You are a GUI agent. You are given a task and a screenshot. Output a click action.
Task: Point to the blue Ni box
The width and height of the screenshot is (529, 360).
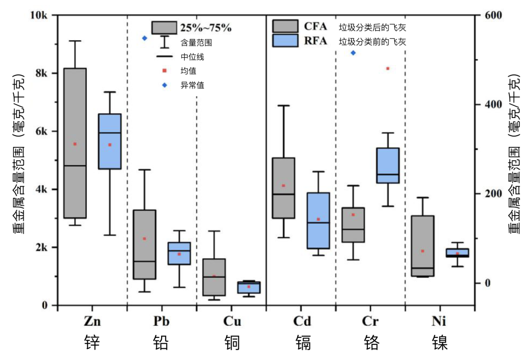point(457,253)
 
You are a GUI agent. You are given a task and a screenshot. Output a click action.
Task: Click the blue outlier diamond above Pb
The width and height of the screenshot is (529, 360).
point(144,38)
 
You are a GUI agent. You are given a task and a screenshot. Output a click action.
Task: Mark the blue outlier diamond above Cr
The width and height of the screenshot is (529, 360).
point(353,53)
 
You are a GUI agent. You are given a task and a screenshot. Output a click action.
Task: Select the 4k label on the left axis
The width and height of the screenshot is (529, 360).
point(43,190)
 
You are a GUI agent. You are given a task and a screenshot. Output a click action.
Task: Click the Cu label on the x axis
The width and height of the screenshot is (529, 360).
point(232,321)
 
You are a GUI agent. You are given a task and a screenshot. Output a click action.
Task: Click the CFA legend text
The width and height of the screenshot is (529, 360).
point(315,26)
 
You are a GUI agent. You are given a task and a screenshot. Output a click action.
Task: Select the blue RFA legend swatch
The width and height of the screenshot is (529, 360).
point(285,41)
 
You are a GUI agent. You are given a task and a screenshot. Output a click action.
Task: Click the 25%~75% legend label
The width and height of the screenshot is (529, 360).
point(205,27)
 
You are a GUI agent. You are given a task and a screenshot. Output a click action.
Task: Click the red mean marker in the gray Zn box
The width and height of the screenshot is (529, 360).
point(75,144)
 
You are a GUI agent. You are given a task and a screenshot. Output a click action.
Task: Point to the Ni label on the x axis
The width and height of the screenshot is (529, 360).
point(439,321)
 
